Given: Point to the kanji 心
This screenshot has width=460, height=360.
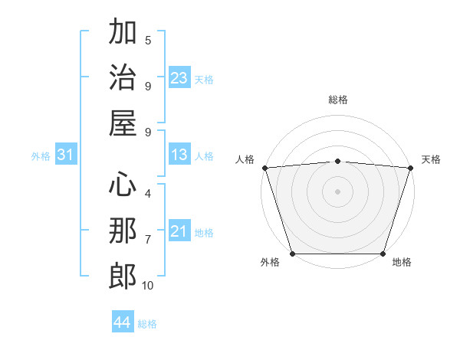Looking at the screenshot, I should pos(123,185).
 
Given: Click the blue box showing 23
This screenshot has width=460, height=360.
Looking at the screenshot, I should pos(179,77).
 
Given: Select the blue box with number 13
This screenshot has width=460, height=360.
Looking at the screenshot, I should pos(179,155).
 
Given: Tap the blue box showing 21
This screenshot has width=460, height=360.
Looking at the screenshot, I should pos(179,232).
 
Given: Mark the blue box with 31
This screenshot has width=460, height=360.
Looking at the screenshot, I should pos(66,155).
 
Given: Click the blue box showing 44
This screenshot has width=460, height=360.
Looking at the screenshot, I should pos(123,323).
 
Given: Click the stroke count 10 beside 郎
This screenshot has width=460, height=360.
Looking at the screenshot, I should pos(148,286).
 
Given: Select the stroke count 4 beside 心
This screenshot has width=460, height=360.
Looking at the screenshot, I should pos(148,194).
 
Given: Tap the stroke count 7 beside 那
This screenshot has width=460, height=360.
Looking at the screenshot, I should pos(148,240).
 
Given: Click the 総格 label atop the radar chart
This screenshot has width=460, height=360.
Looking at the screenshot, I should pos(338,100).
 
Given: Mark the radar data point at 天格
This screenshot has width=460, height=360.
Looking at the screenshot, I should pos(410,167).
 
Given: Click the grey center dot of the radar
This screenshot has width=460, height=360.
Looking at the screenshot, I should pos(338,191).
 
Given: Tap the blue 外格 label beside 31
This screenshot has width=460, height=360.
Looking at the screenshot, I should pos(41,156).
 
